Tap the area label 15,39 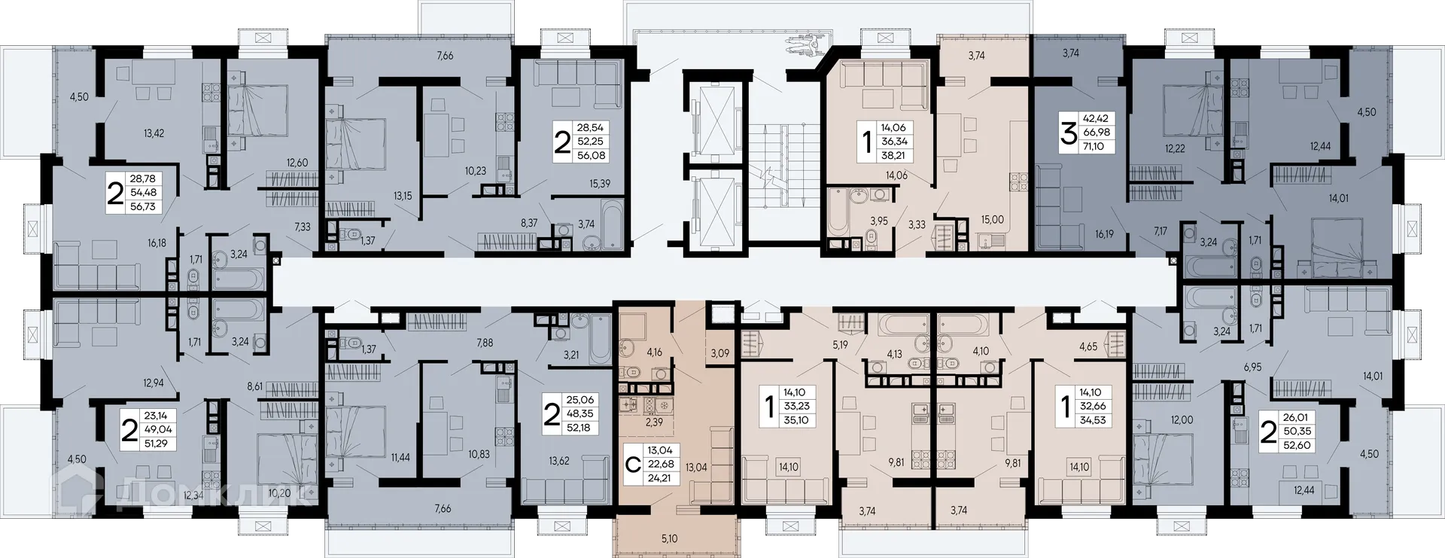[600, 184]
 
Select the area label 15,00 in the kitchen [992, 220]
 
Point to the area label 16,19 [1104, 234]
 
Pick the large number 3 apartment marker [1068, 133]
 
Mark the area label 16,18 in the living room [157, 243]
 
